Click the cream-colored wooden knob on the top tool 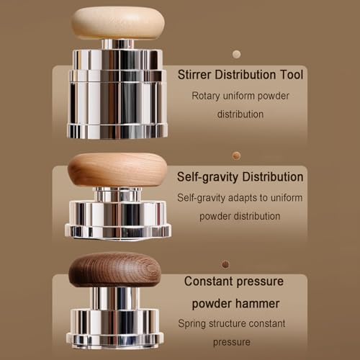tap(117, 23)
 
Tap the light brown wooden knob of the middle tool tap(117, 170)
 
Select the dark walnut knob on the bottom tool tap(114, 269)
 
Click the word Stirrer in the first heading tap(194, 75)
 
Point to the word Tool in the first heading tap(292, 75)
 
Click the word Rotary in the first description tap(206, 96)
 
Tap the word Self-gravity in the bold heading tap(207, 177)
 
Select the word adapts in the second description tap(243, 198)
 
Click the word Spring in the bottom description tap(192, 324)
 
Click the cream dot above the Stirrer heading tap(237, 55)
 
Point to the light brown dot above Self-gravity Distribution tap(237, 156)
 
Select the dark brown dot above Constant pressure tap(225, 264)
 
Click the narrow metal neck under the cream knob tap(117, 45)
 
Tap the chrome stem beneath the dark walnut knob tap(114, 298)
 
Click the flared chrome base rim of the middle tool tap(118, 232)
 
